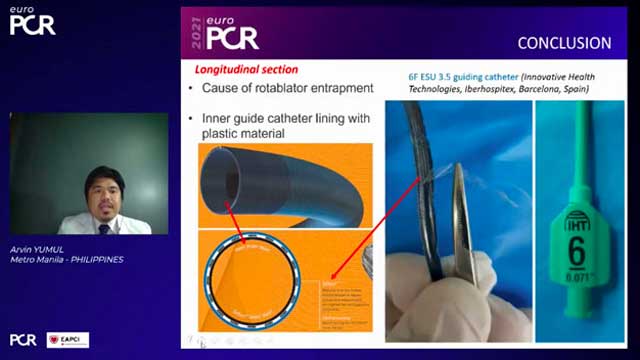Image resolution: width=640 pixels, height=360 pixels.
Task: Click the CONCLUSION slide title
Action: pyautogui.click(x=563, y=43)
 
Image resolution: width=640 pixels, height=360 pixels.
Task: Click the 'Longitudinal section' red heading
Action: pyautogui.click(x=244, y=70)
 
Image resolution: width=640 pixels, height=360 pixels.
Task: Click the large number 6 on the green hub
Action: pyautogui.click(x=577, y=251)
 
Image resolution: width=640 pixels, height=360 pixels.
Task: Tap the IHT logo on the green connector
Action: pyautogui.click(x=577, y=216)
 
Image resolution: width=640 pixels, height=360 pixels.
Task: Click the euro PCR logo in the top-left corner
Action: pyautogui.click(x=32, y=22)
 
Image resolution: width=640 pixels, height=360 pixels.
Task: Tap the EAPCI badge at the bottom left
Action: pyautogui.click(x=68, y=340)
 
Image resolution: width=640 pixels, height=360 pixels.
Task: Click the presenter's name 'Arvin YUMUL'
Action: pyautogui.click(x=41, y=249)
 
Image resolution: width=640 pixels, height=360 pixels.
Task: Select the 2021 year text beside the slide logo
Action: pyautogui.click(x=196, y=33)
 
